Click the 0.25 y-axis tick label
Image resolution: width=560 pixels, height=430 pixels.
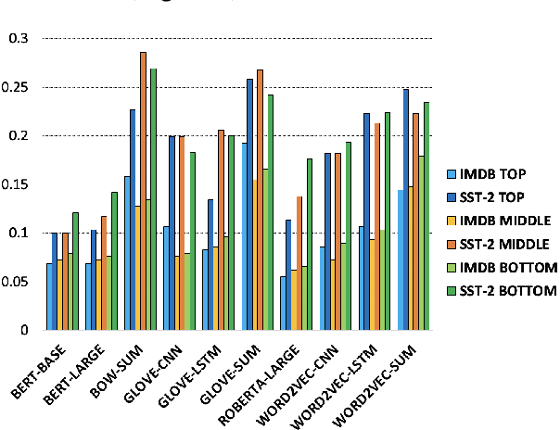coord(16,87)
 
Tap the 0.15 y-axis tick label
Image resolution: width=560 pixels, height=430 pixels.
coord(16,184)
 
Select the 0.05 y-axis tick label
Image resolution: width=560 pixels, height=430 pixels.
coord(16,282)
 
